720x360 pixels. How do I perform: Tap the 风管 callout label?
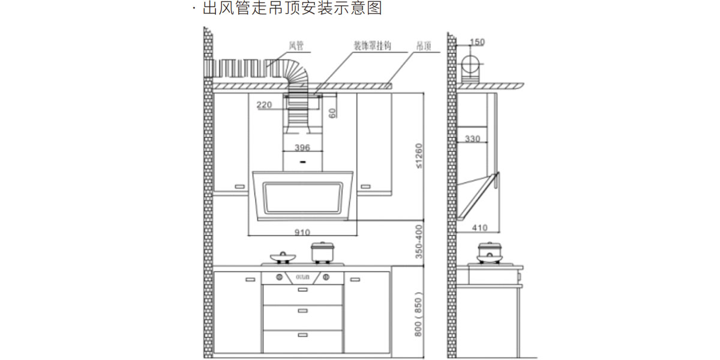tap(296, 46)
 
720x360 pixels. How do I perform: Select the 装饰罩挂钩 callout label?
tap(371, 46)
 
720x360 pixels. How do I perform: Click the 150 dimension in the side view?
tap(477, 42)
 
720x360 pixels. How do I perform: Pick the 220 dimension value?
tap(264, 105)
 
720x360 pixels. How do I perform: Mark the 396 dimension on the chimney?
tap(302, 147)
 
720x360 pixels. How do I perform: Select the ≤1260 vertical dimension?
tap(419, 155)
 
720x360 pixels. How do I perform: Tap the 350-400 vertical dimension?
tap(419, 242)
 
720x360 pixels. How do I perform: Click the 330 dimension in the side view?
tap(473, 139)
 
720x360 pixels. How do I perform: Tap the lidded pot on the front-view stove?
tap(322, 252)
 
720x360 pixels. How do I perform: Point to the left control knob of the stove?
tap(279, 277)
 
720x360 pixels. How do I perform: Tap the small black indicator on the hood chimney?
tap(302, 162)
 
